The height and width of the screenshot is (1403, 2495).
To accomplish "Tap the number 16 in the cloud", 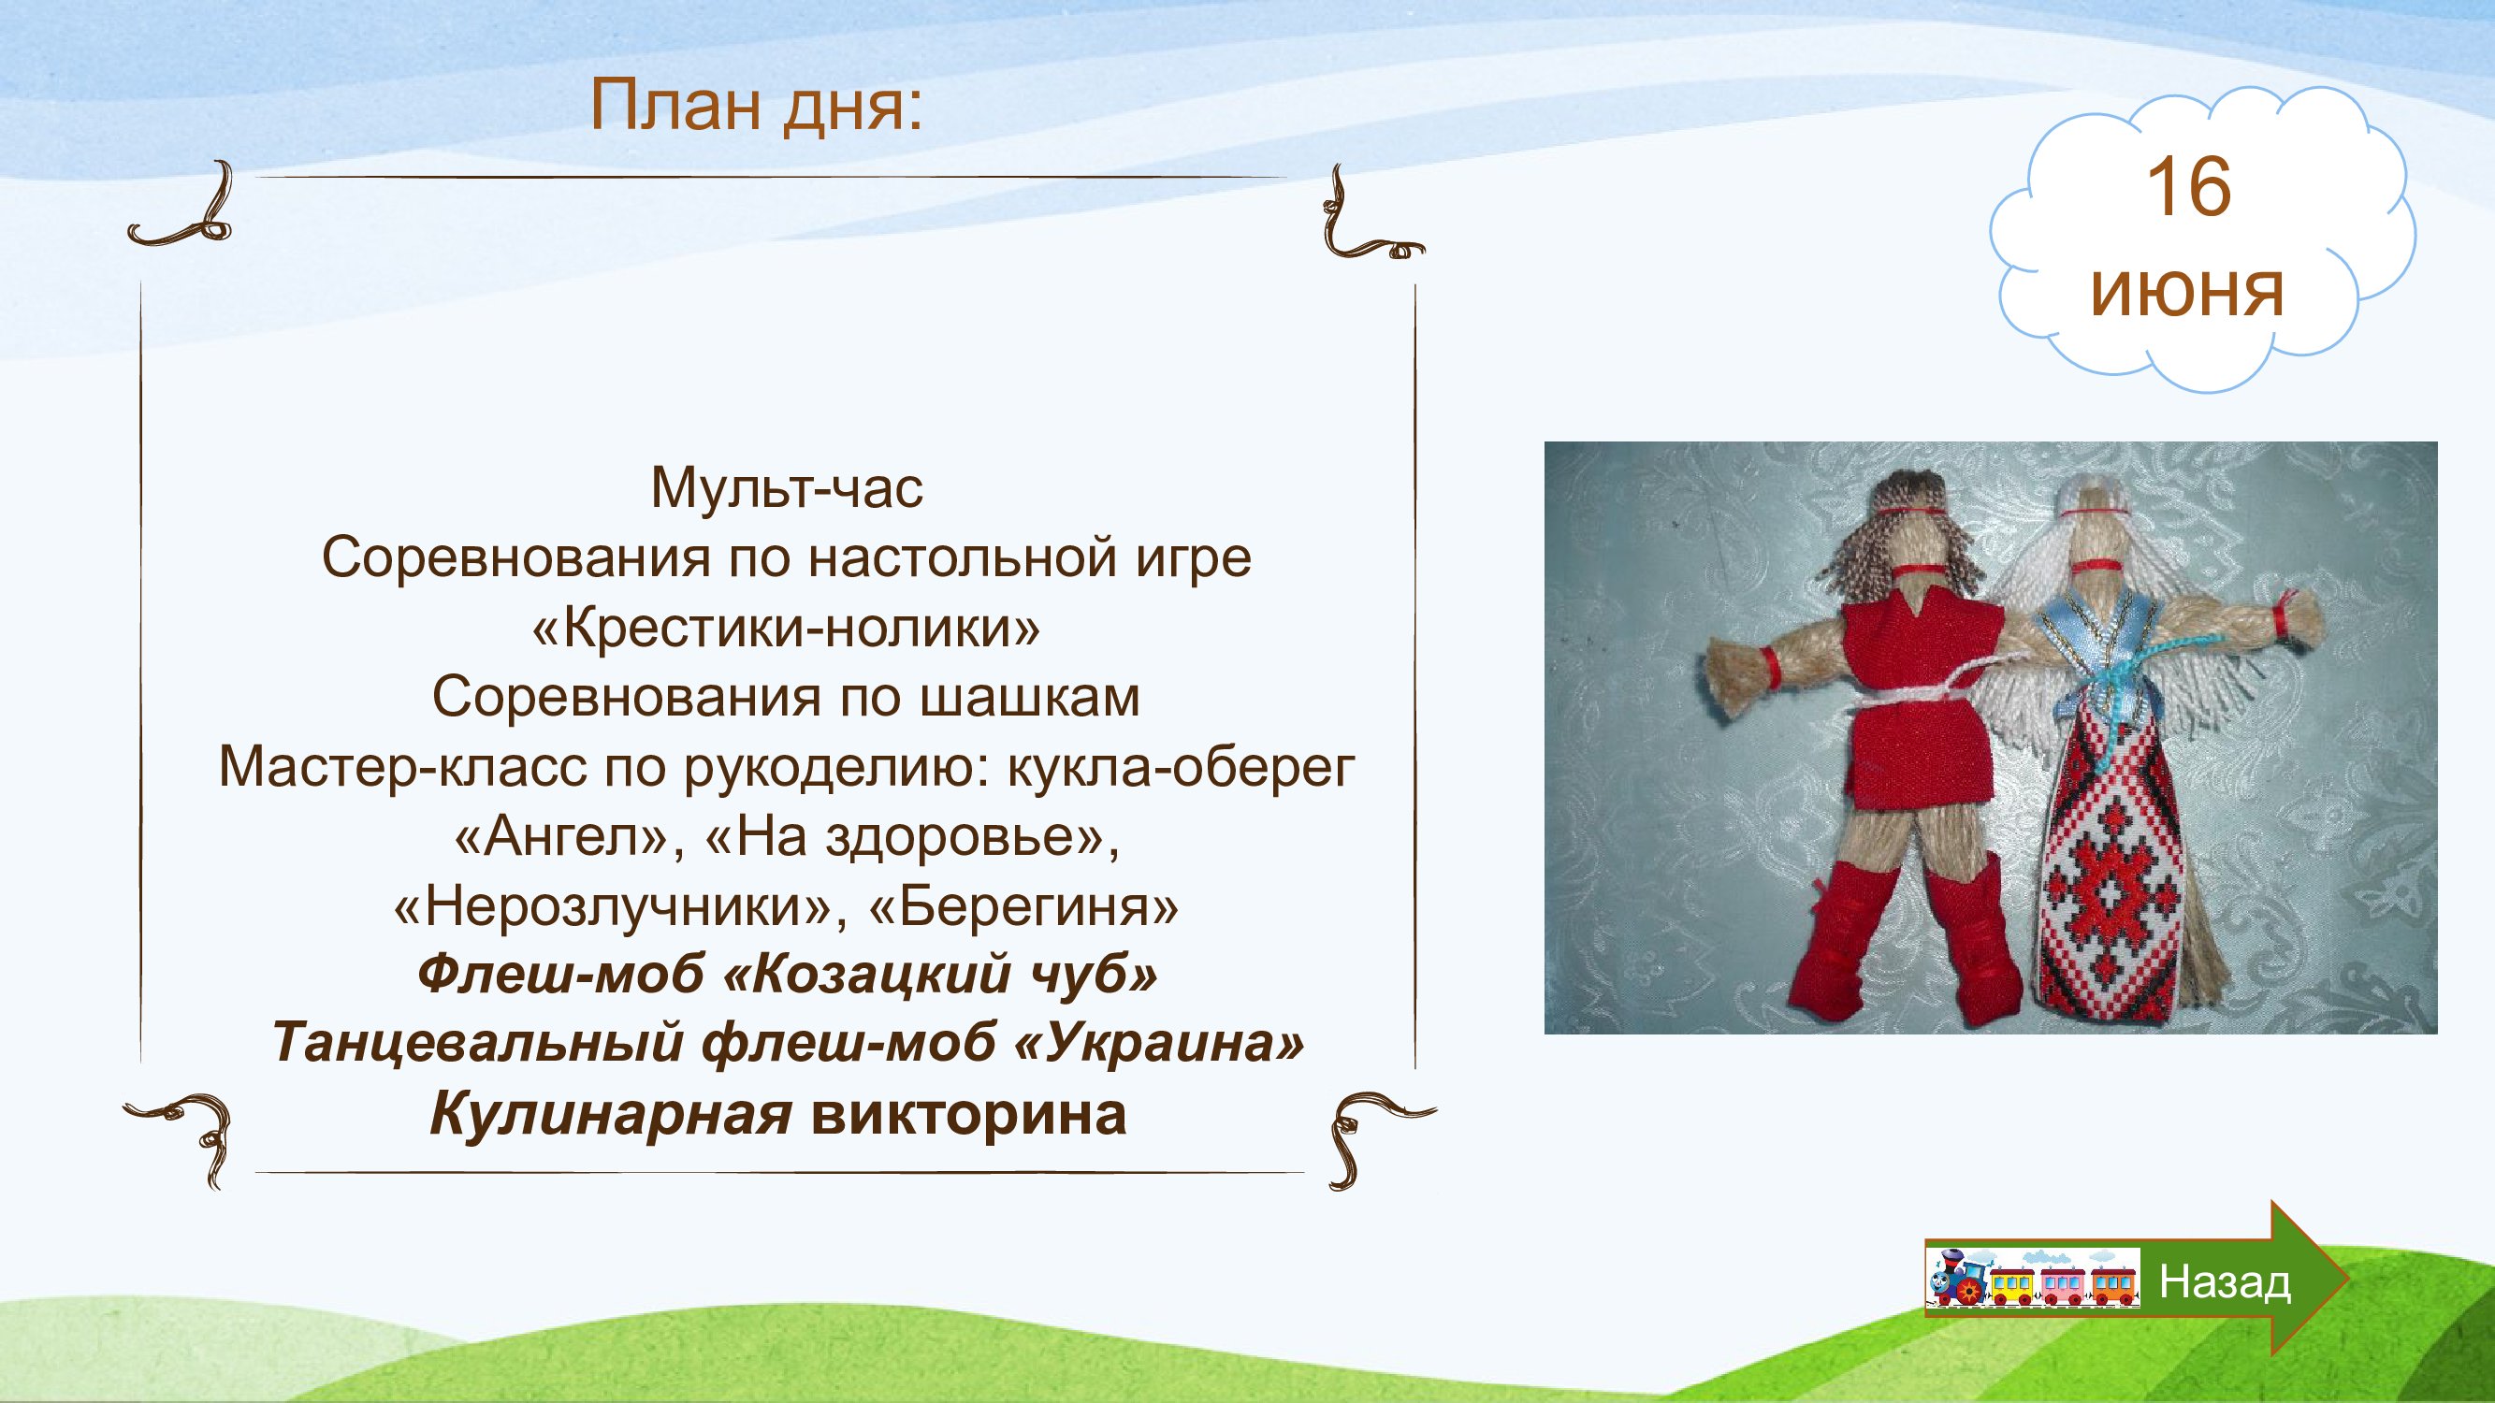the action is [2189, 188].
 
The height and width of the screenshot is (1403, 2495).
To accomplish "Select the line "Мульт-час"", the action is [787, 489].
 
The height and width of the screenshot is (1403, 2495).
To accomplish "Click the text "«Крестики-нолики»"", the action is [787, 629].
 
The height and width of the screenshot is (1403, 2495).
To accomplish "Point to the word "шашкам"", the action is [1030, 697].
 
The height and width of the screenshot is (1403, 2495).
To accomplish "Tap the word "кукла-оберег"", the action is [1181, 768].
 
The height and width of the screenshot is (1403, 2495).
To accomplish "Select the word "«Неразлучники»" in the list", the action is [620, 908].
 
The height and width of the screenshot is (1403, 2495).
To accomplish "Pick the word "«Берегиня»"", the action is [1024, 908].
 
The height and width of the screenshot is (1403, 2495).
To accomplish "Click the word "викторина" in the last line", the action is [968, 1116].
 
